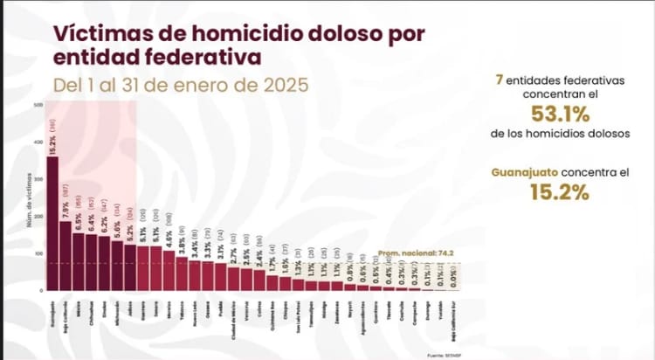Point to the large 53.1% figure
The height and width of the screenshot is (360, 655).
pyautogui.click(x=559, y=114)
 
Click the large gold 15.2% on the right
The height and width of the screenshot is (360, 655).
pyautogui.click(x=559, y=192)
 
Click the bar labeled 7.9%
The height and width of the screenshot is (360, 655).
pyautogui.click(x=65, y=254)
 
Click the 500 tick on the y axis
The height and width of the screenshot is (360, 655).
pyautogui.click(x=38, y=105)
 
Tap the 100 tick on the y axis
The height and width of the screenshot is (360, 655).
pyautogui.click(x=38, y=253)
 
